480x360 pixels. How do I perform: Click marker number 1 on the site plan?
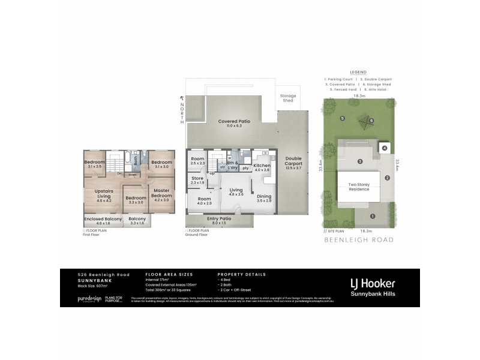click(x=372, y=216)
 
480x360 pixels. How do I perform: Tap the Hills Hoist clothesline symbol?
click(x=362, y=123)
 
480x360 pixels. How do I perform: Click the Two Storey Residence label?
click(x=359, y=186)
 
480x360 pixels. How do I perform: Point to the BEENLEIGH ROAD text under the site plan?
click(x=359, y=239)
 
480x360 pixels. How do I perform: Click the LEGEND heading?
click(x=358, y=72)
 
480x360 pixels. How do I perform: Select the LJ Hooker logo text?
click(x=372, y=283)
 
